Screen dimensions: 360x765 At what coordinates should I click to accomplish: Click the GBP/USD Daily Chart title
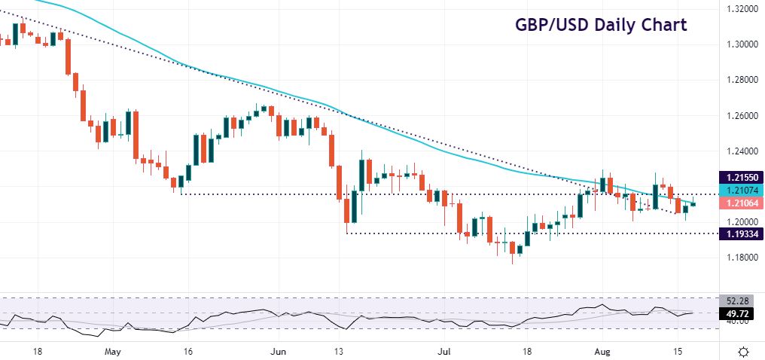coord(601,25)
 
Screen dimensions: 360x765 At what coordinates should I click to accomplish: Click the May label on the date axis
coord(112,351)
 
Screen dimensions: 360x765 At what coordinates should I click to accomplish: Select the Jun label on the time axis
coord(279,351)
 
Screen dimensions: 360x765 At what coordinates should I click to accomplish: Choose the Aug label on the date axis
coord(600,351)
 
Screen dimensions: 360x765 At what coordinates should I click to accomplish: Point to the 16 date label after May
coord(189,351)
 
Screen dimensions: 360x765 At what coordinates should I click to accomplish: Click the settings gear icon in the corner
coord(744,352)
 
